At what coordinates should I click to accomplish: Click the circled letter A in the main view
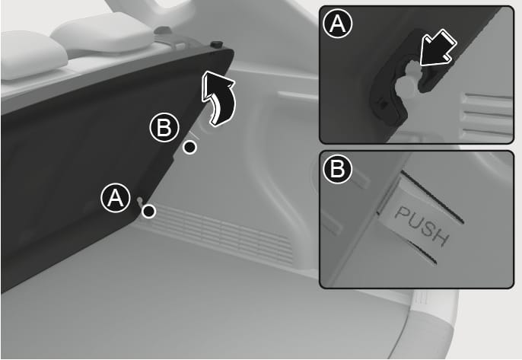(116, 198)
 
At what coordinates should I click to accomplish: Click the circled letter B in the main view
(164, 128)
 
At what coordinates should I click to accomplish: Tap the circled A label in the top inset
(337, 24)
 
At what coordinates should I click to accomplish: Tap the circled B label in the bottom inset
(337, 168)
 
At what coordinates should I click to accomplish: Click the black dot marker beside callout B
(190, 147)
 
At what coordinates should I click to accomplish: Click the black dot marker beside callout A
(149, 211)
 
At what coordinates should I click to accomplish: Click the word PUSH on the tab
(422, 226)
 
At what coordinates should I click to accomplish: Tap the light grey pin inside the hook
(407, 80)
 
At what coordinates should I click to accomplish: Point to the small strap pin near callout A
(139, 201)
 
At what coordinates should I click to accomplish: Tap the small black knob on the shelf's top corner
(217, 44)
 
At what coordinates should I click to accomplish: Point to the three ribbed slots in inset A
(487, 116)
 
